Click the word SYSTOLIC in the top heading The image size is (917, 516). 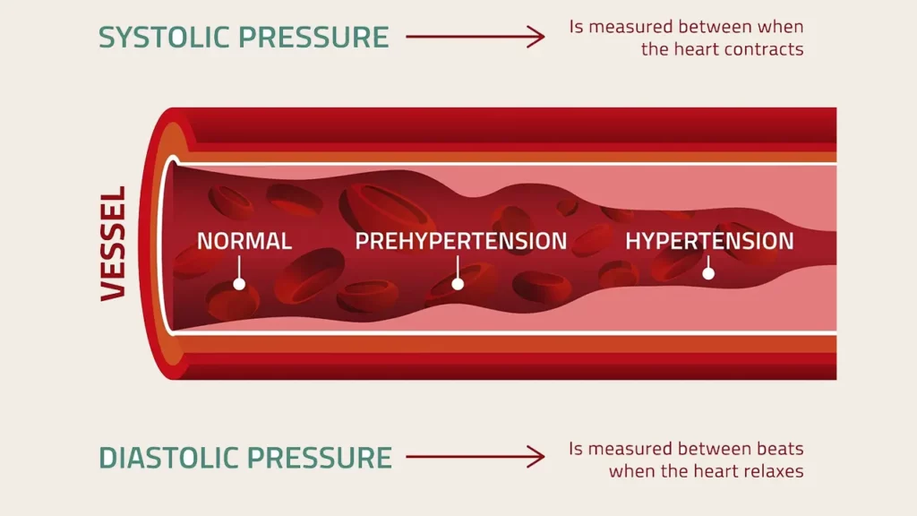tap(164, 37)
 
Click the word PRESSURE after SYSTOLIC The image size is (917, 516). tap(314, 37)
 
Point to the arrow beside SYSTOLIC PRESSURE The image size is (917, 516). tap(475, 37)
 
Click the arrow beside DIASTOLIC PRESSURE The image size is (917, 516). tap(475, 457)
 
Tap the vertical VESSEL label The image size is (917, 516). tap(114, 244)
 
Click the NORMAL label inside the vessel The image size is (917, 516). tap(244, 241)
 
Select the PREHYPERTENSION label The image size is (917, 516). tap(461, 241)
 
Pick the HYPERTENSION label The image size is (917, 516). tap(709, 241)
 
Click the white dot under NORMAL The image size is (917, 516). tap(239, 284)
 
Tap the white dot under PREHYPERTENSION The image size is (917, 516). tap(458, 284)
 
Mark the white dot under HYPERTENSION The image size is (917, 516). tap(708, 273)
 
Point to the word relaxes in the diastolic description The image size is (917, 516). tap(771, 471)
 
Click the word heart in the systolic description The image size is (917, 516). tap(693, 48)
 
